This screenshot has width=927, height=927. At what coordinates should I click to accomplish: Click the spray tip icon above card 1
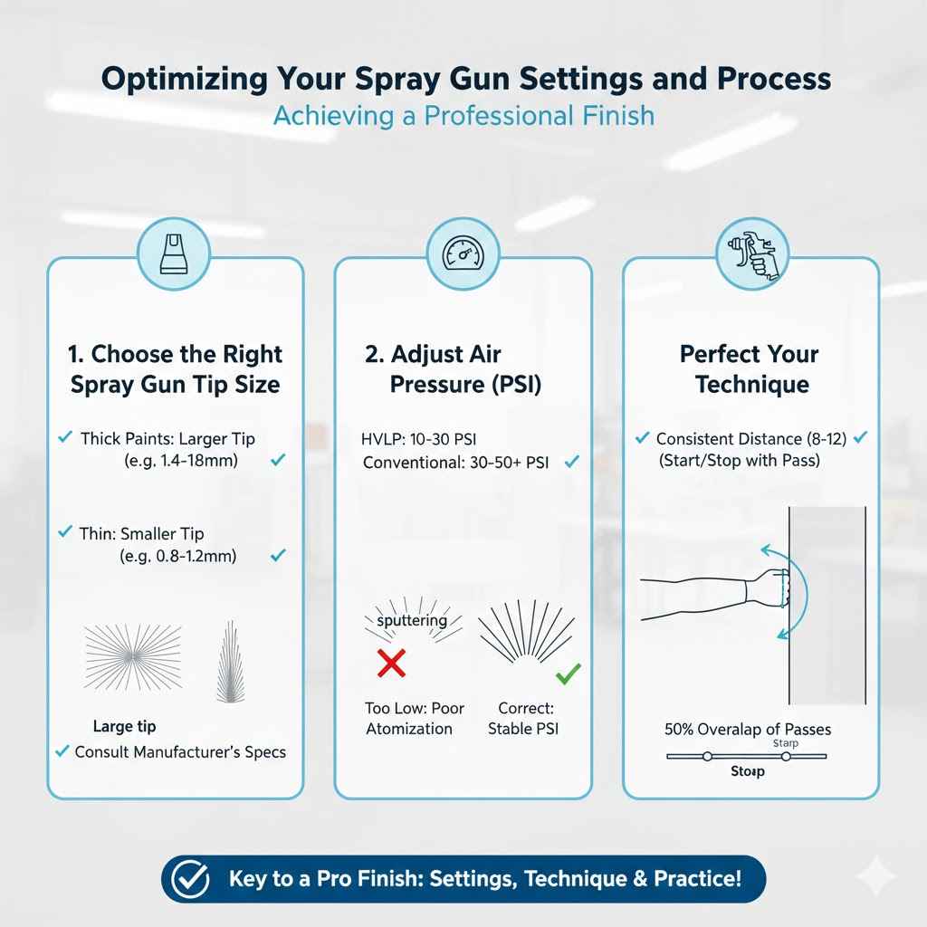click(174, 253)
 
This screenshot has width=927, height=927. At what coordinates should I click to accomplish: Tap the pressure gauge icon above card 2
click(463, 253)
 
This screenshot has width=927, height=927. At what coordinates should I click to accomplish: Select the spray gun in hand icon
click(750, 253)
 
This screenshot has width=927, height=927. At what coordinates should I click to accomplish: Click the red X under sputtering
click(390, 664)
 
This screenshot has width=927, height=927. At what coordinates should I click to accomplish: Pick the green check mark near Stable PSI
click(568, 674)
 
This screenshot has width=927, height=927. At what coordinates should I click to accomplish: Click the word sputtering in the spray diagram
click(411, 620)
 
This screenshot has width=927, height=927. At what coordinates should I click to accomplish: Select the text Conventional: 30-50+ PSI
click(455, 463)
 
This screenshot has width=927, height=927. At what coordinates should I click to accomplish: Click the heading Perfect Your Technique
click(750, 368)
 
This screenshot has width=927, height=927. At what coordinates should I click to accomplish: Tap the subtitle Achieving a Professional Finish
click(463, 117)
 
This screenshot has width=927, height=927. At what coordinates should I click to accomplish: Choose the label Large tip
click(124, 725)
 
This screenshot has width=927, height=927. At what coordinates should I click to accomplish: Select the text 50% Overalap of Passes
click(748, 729)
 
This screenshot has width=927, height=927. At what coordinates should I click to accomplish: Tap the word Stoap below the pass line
click(748, 771)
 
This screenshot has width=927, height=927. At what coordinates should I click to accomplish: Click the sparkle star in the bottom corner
click(876, 877)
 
